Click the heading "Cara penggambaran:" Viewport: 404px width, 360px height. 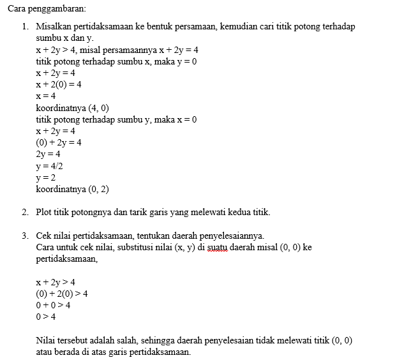45,9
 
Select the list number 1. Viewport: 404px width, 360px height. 24,27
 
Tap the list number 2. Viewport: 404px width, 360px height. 24,212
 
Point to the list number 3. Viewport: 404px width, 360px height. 24,235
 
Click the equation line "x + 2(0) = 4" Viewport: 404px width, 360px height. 59,85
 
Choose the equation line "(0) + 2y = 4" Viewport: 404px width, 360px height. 59,142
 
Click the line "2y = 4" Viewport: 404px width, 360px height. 48,154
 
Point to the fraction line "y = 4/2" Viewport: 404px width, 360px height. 49,166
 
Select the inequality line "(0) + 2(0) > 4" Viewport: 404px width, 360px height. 62,294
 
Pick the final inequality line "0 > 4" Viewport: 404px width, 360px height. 46,317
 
